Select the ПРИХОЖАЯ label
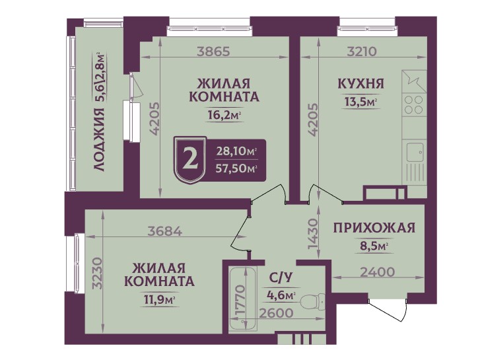(374, 229)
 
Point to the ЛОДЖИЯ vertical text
(100, 140)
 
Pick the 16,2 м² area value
(223, 115)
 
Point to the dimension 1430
(314, 234)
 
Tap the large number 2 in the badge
(190, 159)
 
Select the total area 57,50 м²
(236, 168)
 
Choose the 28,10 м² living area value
(236, 151)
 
